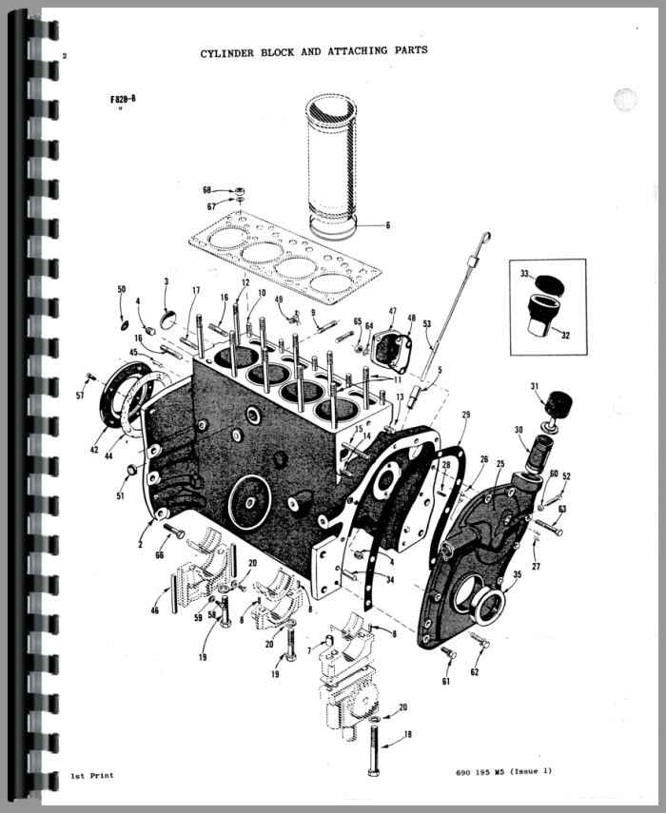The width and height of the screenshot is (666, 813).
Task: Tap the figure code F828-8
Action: coord(123,99)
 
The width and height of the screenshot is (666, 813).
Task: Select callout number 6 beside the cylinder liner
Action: coord(387,225)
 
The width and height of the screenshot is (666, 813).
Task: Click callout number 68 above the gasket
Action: coord(207,190)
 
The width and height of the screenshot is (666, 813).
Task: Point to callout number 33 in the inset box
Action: coord(524,273)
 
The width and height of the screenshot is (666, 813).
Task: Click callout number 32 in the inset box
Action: coord(565,335)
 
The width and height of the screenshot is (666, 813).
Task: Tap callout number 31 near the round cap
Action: coord(535,386)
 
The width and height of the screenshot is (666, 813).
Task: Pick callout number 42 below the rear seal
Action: coord(94,450)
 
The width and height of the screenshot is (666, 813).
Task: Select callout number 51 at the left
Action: coord(120,496)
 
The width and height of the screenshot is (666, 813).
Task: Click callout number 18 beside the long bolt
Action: coord(408,734)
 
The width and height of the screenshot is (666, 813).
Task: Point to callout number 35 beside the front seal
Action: coord(518,574)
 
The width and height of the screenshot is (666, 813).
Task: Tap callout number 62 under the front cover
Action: coord(475,672)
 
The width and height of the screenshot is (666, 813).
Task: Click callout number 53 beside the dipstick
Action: coord(427,324)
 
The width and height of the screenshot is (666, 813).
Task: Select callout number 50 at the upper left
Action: coord(122,289)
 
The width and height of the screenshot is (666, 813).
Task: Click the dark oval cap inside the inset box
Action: coord(550,284)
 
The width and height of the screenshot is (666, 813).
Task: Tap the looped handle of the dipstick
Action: coord(485,238)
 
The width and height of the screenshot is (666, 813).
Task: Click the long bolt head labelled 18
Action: coord(372,772)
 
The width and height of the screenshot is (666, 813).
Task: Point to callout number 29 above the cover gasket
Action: coord(466,415)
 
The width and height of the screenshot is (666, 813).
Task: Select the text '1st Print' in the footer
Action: coord(91,776)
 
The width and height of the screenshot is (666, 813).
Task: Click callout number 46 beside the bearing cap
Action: coord(154,610)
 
